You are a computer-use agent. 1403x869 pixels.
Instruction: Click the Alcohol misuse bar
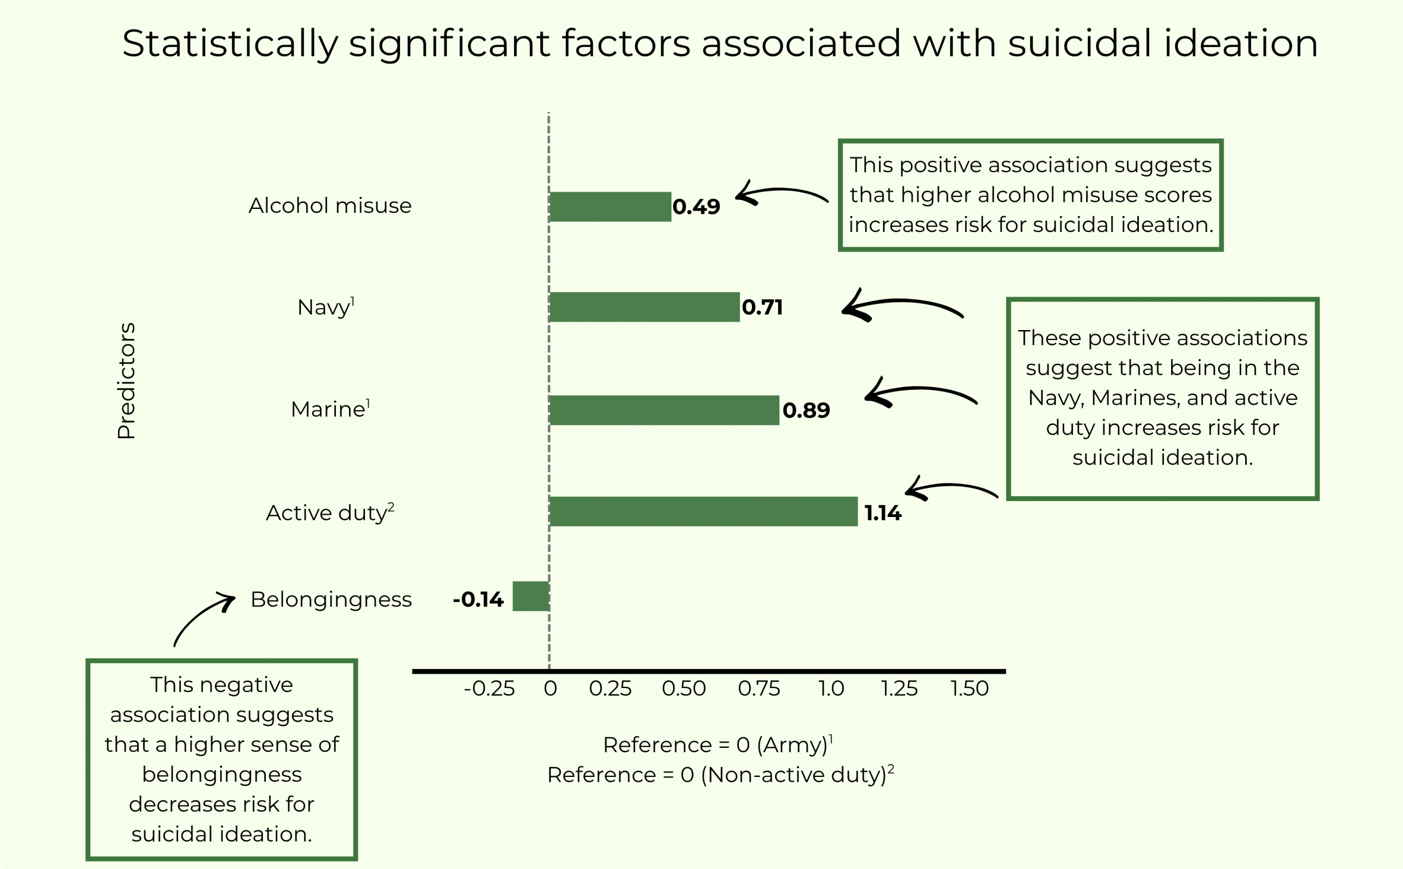tap(610, 207)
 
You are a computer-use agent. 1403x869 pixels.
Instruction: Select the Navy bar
tap(644, 307)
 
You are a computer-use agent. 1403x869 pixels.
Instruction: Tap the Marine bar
tap(664, 410)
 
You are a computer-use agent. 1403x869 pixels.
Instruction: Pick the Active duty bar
tap(703, 512)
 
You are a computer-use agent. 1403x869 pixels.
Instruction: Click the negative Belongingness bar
tap(531, 597)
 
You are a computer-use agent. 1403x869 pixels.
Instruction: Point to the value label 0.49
tap(696, 207)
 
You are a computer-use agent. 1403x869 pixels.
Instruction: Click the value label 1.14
tap(882, 513)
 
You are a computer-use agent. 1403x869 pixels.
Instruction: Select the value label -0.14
tap(478, 599)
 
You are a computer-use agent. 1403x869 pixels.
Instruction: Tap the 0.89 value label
tap(806, 410)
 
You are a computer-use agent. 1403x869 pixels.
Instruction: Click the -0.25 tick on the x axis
tap(489, 689)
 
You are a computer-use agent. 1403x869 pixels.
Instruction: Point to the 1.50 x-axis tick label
tap(969, 689)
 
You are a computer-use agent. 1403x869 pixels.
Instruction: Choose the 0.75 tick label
tap(758, 689)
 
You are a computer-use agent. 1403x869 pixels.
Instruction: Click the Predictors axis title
tap(127, 381)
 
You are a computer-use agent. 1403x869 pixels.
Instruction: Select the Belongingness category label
tap(331, 599)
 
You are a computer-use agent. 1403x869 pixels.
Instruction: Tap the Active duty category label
tap(330, 512)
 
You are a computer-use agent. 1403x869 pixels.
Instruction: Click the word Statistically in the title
tap(230, 44)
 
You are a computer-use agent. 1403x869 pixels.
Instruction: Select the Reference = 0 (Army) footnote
tap(717, 745)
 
